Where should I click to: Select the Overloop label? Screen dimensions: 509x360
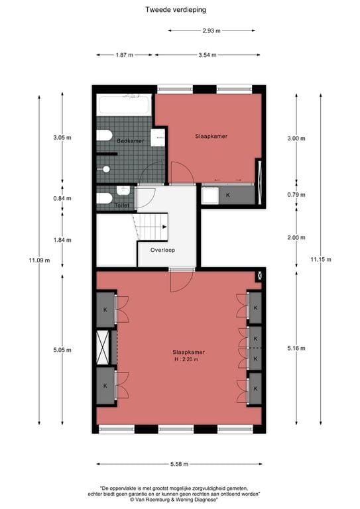click(x=162, y=251)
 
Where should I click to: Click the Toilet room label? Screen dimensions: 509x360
click(x=121, y=205)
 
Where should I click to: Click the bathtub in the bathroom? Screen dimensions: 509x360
click(x=125, y=105)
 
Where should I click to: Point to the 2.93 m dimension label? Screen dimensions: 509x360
click(x=211, y=30)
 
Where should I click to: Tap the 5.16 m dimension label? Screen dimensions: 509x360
click(x=296, y=349)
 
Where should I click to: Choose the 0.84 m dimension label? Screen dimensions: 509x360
click(x=62, y=198)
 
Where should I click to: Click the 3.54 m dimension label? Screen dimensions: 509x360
click(x=208, y=55)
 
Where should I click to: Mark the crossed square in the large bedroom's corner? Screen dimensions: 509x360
click(x=259, y=275)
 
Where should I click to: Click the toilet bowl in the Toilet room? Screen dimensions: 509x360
click(x=104, y=198)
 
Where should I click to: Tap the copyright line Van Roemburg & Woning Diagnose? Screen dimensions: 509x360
click(x=180, y=499)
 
